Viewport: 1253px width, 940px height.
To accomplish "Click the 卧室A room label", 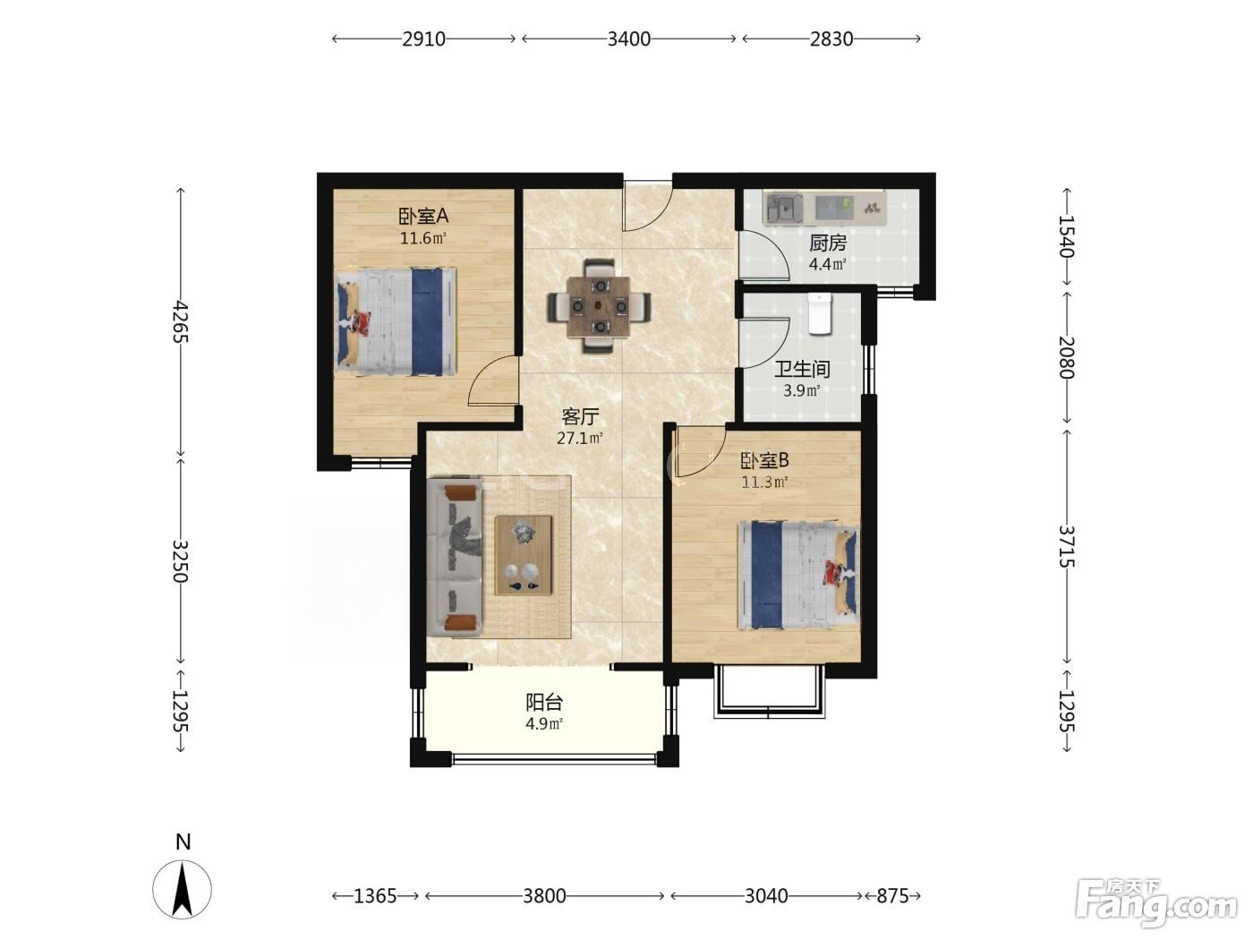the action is tap(423, 217).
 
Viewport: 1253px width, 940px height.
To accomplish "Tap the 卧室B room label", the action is tap(764, 460).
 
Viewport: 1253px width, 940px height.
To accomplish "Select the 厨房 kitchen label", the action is tap(827, 244).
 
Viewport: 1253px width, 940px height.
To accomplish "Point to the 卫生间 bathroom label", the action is tap(801, 369).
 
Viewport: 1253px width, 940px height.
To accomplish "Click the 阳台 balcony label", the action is tap(544, 702).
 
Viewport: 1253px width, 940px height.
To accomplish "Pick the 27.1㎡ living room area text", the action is tap(579, 439).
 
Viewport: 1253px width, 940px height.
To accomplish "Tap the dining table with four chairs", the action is tap(599, 306).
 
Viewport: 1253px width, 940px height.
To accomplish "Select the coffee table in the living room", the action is tap(524, 555).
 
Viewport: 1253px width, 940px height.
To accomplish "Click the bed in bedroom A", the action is tap(396, 321).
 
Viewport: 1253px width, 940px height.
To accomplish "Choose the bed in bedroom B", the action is tap(798, 575).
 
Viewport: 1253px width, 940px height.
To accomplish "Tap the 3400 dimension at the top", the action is tap(628, 38).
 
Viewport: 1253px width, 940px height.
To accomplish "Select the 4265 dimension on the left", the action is tap(181, 321).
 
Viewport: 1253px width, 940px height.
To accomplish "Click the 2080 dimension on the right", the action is tap(1066, 358).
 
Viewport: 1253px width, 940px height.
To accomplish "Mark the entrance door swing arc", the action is tap(649, 207).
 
